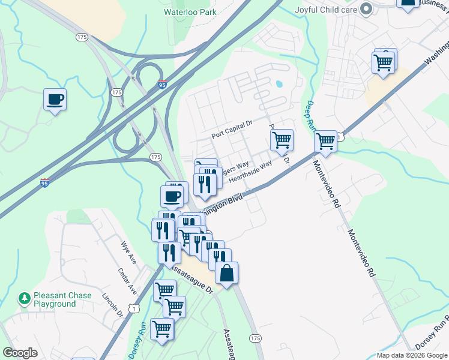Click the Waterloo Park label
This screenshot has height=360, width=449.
(190, 11)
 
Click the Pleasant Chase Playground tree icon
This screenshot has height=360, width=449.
(25, 298)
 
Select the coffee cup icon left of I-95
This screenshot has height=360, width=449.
(55, 100)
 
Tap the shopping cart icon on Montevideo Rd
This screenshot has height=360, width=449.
(325, 142)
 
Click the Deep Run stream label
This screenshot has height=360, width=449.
(310, 117)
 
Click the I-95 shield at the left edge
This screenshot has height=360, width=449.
(45, 183)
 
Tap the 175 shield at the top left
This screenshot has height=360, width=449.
(82, 37)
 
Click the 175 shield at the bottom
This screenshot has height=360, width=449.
(255, 338)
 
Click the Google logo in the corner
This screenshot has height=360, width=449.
(20, 353)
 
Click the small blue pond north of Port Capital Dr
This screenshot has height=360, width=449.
(279, 84)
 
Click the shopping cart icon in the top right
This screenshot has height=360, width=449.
(384, 61)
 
